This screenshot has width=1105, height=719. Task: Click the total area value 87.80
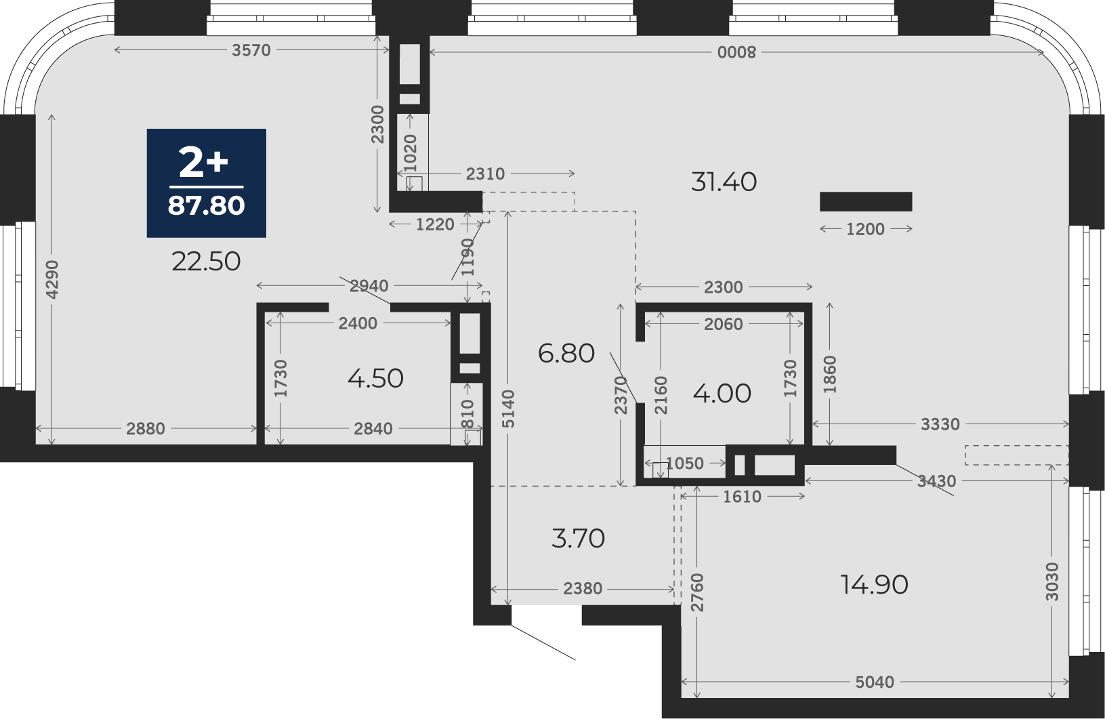click(x=206, y=206)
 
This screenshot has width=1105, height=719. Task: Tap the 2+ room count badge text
click(x=203, y=163)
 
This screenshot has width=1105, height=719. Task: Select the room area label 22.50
click(x=206, y=262)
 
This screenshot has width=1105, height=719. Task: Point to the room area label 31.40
click(x=724, y=182)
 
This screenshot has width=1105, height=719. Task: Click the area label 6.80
click(x=566, y=354)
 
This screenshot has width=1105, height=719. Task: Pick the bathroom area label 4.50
click(x=375, y=379)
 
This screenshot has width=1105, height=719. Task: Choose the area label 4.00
click(x=722, y=394)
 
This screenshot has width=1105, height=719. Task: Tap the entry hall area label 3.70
click(x=578, y=538)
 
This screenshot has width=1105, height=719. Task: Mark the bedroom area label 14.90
click(x=874, y=586)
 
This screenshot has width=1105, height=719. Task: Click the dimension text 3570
click(x=251, y=50)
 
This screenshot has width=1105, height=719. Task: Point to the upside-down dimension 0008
click(x=736, y=52)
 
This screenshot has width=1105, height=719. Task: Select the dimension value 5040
click(x=875, y=682)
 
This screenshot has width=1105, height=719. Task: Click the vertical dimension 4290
click(x=51, y=279)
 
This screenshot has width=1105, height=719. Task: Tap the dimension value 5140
click(x=508, y=409)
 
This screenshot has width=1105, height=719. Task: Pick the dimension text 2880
click(x=146, y=429)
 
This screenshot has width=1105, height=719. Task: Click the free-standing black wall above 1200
click(x=866, y=202)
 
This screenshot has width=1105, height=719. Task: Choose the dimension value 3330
click(x=940, y=424)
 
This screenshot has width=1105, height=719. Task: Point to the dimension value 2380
click(x=583, y=588)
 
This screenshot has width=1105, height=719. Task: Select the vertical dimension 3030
click(x=1051, y=581)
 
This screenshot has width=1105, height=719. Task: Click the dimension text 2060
click(x=723, y=324)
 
